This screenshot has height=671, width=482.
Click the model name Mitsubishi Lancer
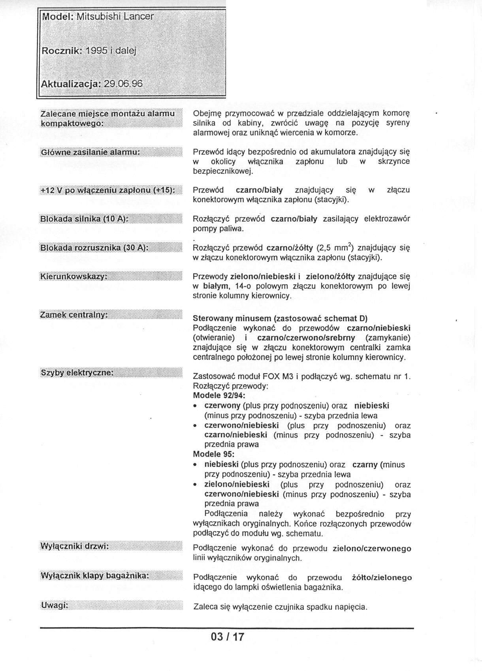pos(115,17)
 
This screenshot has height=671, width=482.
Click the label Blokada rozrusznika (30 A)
pos(94,248)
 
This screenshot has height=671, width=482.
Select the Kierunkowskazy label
pos(74,276)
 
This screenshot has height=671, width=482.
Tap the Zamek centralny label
pos(74,315)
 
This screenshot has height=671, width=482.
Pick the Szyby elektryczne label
pos(77,372)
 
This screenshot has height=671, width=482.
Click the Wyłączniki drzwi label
pos(75,546)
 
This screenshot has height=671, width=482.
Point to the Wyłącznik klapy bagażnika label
pos(95,575)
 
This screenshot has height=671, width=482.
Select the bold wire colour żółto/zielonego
pos(381,578)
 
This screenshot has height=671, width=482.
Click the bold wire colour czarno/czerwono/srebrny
pos(306,338)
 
